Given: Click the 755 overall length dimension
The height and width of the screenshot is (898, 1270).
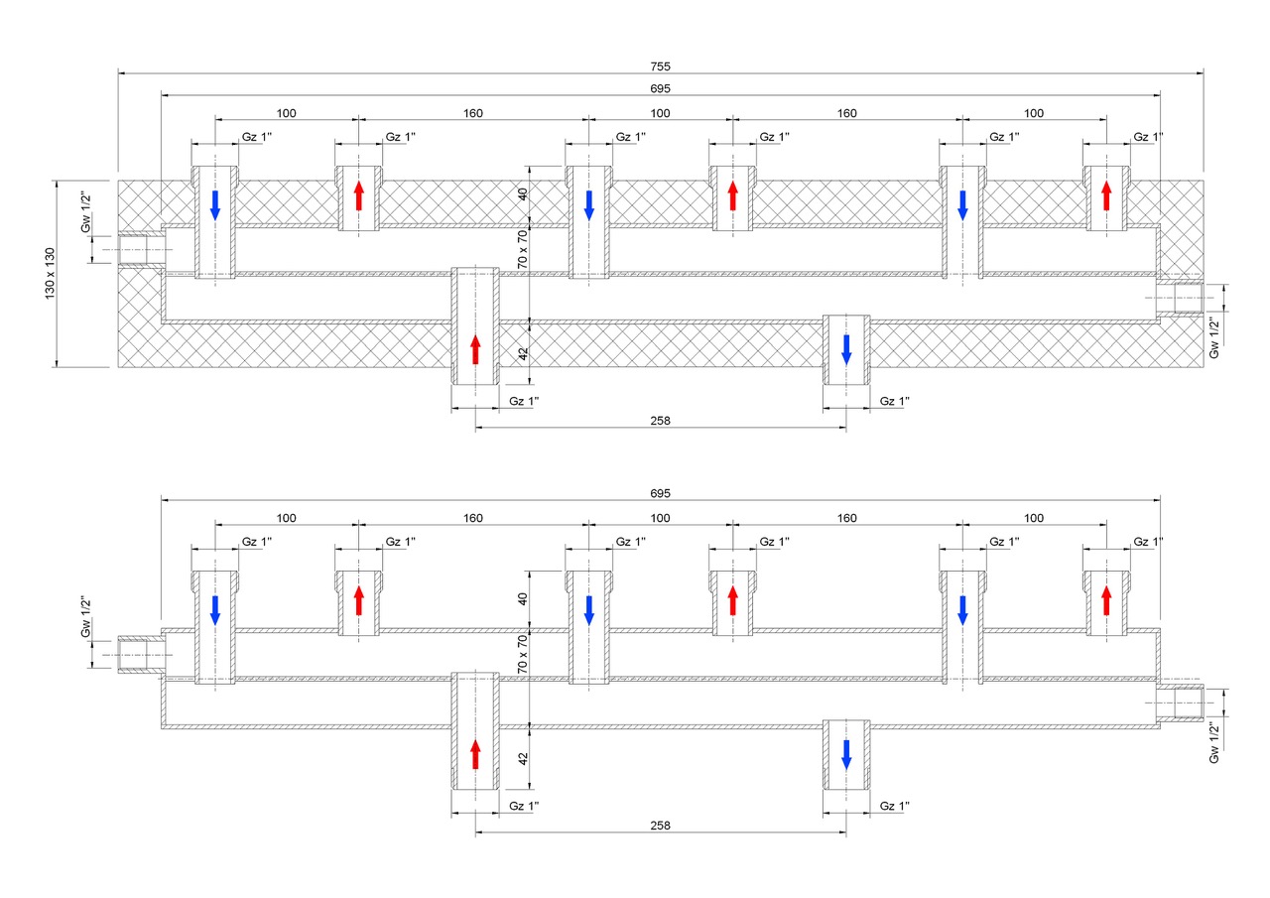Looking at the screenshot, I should [x=661, y=66].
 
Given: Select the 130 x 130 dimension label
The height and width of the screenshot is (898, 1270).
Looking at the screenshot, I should [x=50, y=274].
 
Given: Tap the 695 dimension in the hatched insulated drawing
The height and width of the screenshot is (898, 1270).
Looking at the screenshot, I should [x=661, y=88].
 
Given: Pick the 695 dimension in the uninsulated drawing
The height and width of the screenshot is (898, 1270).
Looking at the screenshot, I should [x=661, y=493].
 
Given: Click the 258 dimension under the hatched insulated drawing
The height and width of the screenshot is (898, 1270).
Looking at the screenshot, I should [x=661, y=421].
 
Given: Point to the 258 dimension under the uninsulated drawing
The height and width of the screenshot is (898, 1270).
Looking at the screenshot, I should [x=661, y=826].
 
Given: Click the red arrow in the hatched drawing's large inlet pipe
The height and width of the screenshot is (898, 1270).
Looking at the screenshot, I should [x=475, y=349].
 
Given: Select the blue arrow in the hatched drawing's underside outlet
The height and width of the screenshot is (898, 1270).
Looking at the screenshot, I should [x=846, y=348].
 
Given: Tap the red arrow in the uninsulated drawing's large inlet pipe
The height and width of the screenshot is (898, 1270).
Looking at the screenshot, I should [x=475, y=754].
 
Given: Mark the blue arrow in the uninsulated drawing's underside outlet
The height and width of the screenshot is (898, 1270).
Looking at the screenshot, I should [x=846, y=753].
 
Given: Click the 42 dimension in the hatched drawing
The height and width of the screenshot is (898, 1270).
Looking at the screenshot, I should [x=523, y=354].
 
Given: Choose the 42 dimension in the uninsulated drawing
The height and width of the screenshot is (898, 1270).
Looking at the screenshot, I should [x=523, y=759].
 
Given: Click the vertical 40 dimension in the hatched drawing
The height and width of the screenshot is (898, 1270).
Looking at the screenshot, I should [x=523, y=194].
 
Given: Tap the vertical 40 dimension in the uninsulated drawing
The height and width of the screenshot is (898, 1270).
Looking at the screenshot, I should [x=523, y=599].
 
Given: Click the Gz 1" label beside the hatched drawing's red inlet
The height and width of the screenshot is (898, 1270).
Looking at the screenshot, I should [x=523, y=401].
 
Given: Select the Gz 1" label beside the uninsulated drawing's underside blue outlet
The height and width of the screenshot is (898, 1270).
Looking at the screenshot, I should [x=894, y=806].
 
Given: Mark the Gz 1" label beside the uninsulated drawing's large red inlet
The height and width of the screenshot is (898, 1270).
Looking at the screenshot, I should [x=523, y=806].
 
